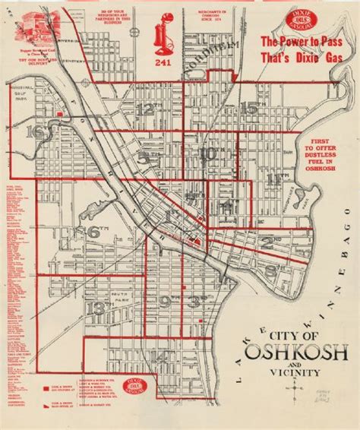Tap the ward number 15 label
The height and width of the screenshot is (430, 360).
248,107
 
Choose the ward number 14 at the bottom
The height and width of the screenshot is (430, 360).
160,357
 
